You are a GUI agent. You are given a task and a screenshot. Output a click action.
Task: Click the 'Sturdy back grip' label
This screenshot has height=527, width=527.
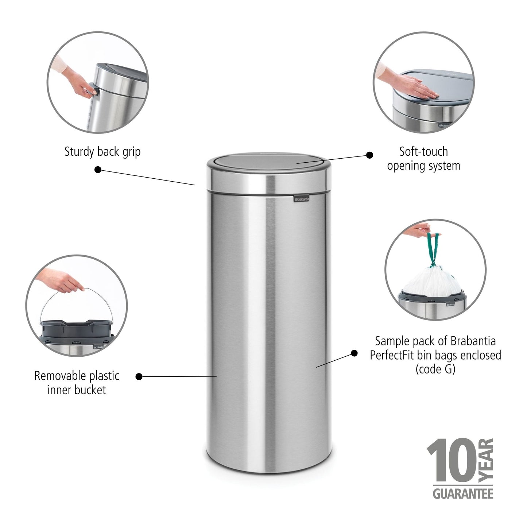[102, 152]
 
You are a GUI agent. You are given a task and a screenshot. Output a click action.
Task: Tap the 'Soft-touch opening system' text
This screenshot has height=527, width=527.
[423, 159]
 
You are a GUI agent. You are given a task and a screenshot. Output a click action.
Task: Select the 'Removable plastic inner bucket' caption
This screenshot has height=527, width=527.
[77, 383]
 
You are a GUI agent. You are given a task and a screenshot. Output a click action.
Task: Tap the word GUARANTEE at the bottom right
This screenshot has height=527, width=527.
[463, 494]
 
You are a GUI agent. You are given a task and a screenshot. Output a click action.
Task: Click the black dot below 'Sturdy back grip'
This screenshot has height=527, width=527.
[98, 170]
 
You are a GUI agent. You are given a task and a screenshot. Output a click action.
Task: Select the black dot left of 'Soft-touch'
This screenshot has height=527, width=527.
[369, 155]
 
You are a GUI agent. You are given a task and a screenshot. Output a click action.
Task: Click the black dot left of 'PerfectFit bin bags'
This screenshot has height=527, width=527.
[354, 353]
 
